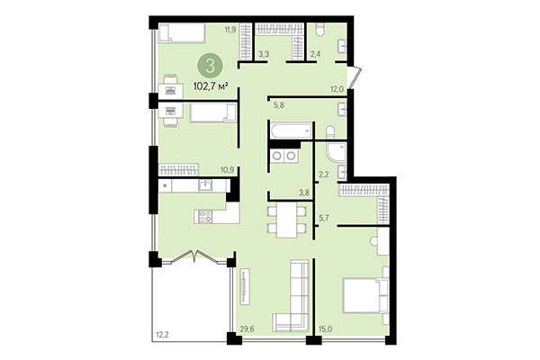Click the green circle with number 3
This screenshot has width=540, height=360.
pyautogui.click(x=210, y=65)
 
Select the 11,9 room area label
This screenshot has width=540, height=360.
pyautogui.click(x=230, y=30)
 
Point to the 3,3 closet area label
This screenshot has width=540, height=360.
pyautogui.click(x=264, y=55)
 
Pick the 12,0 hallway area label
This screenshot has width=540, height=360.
pyautogui.click(x=337, y=87)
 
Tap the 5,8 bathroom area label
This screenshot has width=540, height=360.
pyautogui.click(x=280, y=105)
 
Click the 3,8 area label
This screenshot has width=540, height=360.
pyautogui.click(x=279, y=192)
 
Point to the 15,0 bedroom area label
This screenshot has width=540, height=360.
pyautogui.click(x=327, y=329)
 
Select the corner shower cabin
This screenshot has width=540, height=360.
pyautogui.click(x=337, y=154)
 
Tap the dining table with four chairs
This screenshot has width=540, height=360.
pyautogui.click(x=287, y=217)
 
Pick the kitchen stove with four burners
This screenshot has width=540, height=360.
pyautogui.click(x=204, y=216)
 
